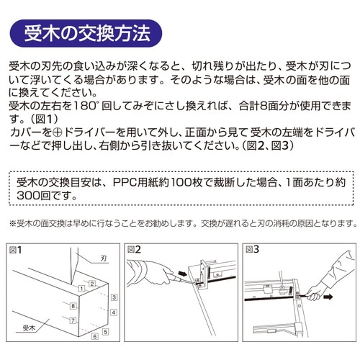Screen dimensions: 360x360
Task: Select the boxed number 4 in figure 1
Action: click(x=114, y=312)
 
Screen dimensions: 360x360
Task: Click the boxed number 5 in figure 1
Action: click(x=105, y=332)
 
